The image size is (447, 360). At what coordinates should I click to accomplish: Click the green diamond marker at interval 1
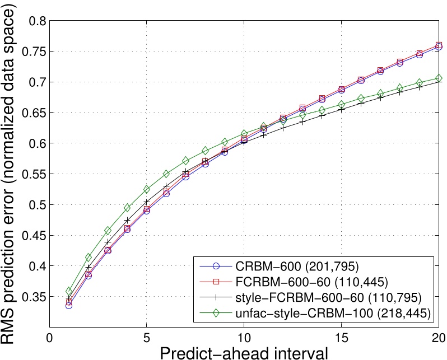(69, 291)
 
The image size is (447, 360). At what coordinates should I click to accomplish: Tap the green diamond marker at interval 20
(439, 78)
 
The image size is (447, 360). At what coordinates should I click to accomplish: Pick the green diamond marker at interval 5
(147, 189)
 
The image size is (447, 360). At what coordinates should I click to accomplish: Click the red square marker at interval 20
(439, 45)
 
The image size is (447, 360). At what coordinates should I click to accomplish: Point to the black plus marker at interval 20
(439, 82)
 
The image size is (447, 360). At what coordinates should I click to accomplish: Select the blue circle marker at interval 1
(69, 305)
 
